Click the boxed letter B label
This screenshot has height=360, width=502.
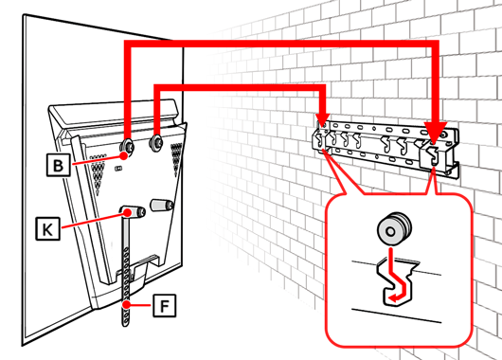(x=59, y=165)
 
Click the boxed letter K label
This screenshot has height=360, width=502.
(x=47, y=228)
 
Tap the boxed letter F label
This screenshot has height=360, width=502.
(x=164, y=306)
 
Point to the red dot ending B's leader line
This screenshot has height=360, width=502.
(x=124, y=155)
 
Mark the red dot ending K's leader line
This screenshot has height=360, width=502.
(x=129, y=212)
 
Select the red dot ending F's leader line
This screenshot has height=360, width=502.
(x=127, y=305)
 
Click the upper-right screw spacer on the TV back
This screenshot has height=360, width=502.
(x=156, y=142)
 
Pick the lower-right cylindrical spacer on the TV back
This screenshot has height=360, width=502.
(x=162, y=205)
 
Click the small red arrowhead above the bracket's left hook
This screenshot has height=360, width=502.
(x=322, y=118)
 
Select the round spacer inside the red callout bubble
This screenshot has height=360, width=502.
(x=394, y=228)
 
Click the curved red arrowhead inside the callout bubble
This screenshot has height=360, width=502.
(x=393, y=298)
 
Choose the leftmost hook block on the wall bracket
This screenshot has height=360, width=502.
(x=320, y=138)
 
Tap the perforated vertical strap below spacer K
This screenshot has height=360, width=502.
(x=126, y=272)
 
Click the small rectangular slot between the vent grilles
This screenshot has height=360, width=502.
(x=118, y=168)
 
